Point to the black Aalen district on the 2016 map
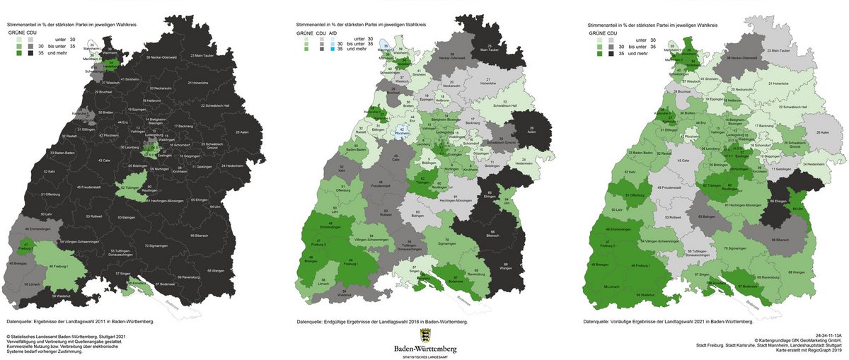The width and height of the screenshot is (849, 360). pyautogui.click(x=528, y=131)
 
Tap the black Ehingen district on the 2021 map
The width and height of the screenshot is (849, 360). pyautogui.click(x=795, y=202)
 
